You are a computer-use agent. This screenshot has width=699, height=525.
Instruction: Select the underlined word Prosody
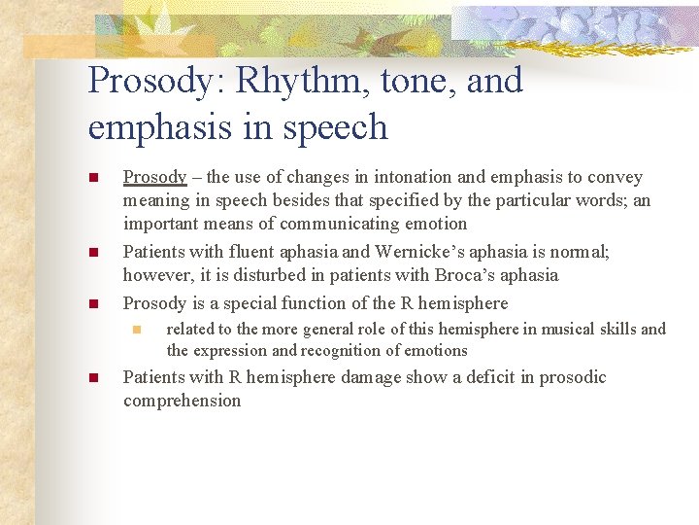point(154,177)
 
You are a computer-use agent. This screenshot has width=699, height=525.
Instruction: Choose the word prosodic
point(573,377)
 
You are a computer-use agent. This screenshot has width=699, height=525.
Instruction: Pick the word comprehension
point(182,401)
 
